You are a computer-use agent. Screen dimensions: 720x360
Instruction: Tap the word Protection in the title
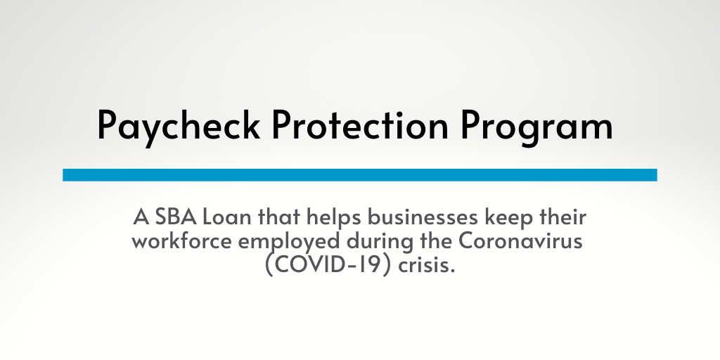coord(359,124)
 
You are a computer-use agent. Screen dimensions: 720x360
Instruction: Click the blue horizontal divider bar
coord(359,175)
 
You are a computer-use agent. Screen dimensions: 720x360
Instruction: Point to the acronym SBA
coord(176,217)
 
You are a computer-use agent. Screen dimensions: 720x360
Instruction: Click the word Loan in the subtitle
coord(227,217)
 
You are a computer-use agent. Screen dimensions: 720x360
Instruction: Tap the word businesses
coord(424,217)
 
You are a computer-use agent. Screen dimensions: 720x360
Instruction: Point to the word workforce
coord(182,240)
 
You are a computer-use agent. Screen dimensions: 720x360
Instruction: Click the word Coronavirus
coord(520,240)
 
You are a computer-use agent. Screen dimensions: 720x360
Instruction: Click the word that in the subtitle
coord(279,217)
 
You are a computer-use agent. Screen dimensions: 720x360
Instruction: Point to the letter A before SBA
coord(141,217)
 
